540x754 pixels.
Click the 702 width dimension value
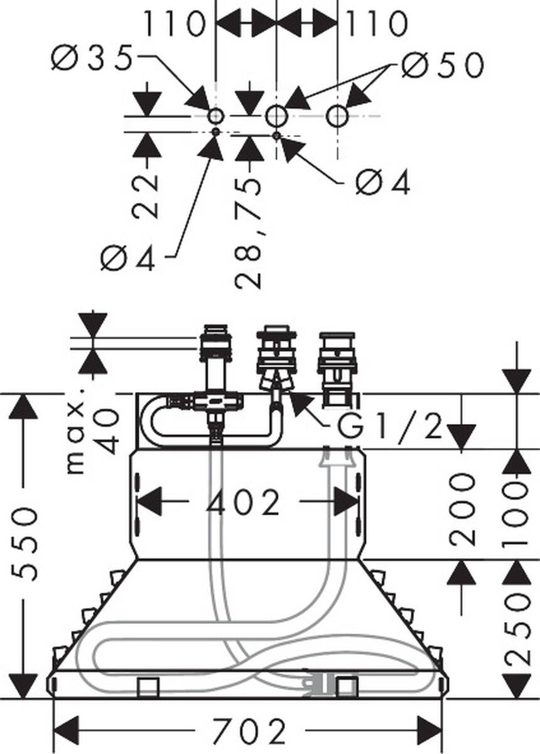pyautogui.click(x=249, y=730)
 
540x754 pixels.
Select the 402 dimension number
pyautogui.click(x=245, y=503)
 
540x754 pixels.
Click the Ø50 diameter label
pyautogui.click(x=442, y=65)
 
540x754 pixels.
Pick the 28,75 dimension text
pyautogui.click(x=249, y=232)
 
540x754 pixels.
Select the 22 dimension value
pyautogui.click(x=147, y=195)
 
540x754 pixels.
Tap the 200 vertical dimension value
pyautogui.click(x=463, y=509)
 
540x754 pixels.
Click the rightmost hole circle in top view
pyautogui.click(x=338, y=116)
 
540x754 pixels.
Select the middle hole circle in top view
pyautogui.click(x=276, y=116)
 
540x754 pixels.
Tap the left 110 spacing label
pyautogui.click(x=174, y=24)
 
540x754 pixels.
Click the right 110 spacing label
pyautogui.click(x=377, y=24)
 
